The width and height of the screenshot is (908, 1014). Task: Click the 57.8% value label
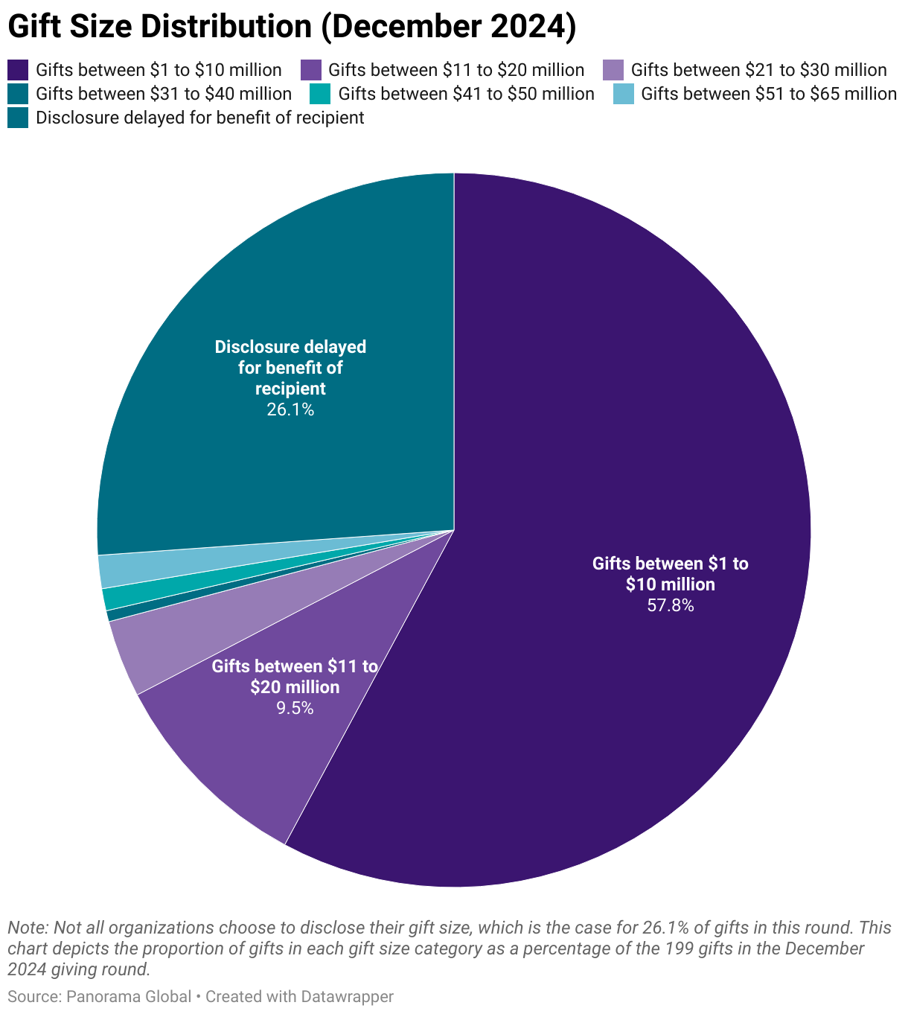click(x=670, y=606)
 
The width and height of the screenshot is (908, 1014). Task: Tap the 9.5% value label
click(x=295, y=708)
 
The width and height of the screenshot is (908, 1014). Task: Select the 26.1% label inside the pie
click(x=290, y=409)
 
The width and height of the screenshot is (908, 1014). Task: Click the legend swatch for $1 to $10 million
click(x=18, y=70)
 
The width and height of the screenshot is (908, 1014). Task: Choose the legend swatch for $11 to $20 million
click(x=310, y=70)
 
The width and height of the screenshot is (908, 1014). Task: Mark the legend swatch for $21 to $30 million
click(x=613, y=70)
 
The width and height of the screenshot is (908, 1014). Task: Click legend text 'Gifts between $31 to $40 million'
click(x=163, y=94)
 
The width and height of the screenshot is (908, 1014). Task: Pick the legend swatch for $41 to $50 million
click(x=321, y=94)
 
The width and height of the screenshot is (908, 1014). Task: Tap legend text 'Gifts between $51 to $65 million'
click(x=768, y=94)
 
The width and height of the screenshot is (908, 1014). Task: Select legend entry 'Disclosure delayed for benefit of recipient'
click(x=199, y=118)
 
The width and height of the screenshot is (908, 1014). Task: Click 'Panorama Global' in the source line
click(x=128, y=997)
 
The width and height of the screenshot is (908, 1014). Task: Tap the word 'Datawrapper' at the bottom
click(x=347, y=997)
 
